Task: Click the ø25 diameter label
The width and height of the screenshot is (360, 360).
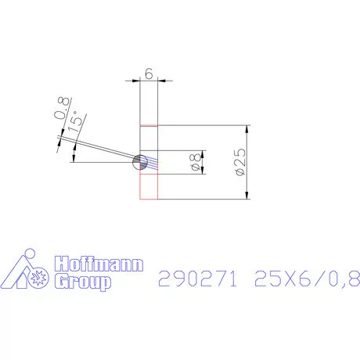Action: point(239,162)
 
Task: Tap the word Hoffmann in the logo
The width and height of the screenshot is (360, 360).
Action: point(98,266)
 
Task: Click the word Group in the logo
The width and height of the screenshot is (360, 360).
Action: point(80,283)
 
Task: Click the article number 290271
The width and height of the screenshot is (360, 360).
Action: point(197,278)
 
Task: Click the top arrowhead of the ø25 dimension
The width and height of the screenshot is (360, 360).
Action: point(247,128)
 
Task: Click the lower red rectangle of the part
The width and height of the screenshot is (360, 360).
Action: point(149,185)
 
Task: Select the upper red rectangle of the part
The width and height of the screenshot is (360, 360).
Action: point(149,138)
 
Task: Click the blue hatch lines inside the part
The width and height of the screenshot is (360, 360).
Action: point(152,164)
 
